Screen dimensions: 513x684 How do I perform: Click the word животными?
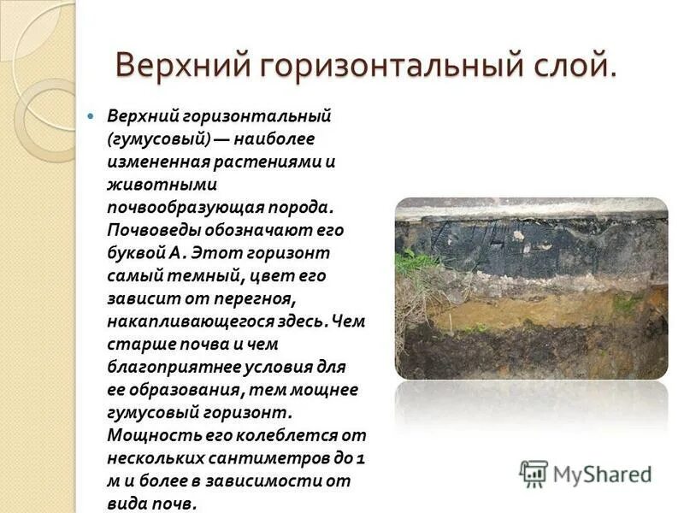pyautogui.click(x=150, y=183)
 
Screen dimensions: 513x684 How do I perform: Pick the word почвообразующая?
pyautogui.click(x=180, y=207)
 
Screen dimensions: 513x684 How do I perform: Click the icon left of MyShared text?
pyautogui.click(x=534, y=473)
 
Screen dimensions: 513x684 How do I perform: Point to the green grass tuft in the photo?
pyautogui.click(x=414, y=260)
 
